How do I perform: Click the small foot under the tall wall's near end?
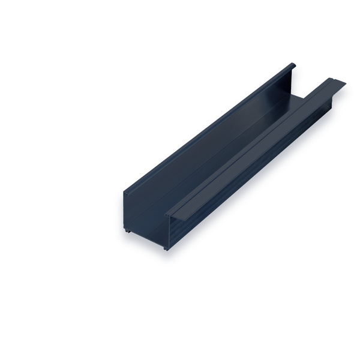tap(128, 230)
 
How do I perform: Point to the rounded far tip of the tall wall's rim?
tap(293, 65)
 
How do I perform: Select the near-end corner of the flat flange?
tap(166, 214)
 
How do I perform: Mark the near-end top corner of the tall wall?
tap(125, 193)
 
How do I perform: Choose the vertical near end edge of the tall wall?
tap(125, 210)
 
